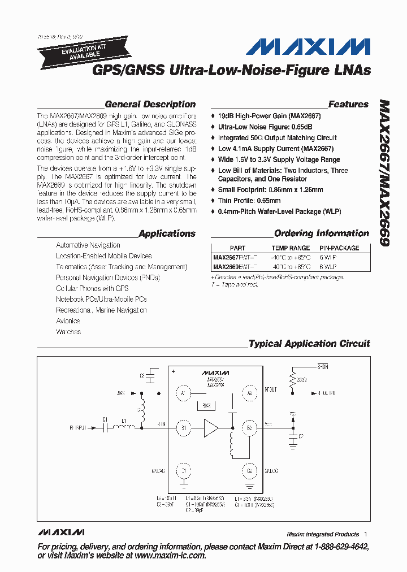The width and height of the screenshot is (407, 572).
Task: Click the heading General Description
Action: click(x=150, y=105)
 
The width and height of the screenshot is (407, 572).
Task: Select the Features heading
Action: click(x=348, y=105)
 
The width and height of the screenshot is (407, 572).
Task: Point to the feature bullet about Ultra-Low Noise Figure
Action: click(x=265, y=127)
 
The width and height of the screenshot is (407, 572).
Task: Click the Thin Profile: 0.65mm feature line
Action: click(x=249, y=201)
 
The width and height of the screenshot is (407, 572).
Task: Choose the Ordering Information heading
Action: click(x=322, y=233)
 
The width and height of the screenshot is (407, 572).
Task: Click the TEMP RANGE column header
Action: click(x=291, y=248)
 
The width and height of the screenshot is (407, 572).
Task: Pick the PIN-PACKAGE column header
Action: click(x=339, y=248)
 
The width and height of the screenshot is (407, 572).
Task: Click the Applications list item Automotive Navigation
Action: click(x=88, y=245)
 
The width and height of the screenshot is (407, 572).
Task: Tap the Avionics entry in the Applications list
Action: click(x=68, y=321)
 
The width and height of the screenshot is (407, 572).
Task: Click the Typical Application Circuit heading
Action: click(x=309, y=344)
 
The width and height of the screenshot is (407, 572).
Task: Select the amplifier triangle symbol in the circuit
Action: click(x=211, y=428)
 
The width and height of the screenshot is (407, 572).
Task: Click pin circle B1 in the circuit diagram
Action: click(x=183, y=428)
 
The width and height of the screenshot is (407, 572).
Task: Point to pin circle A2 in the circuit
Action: click(x=249, y=392)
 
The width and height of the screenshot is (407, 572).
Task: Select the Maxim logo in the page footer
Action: click(x=61, y=532)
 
